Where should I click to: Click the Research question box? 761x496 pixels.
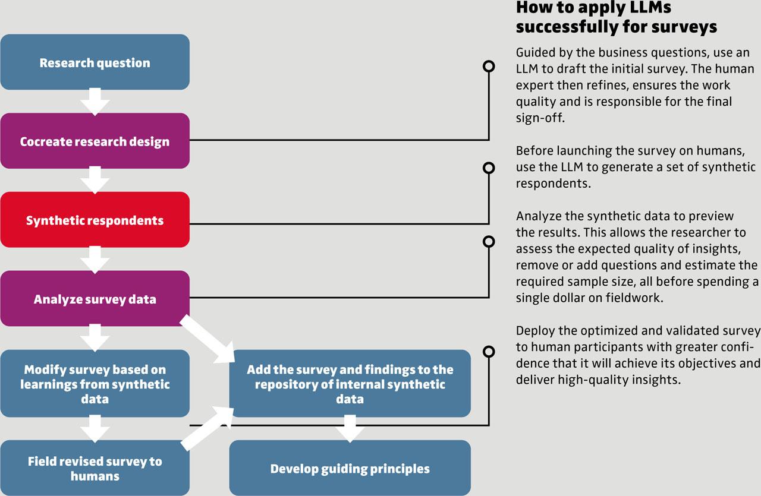pyautogui.click(x=95, y=62)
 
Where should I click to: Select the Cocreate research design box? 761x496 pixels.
pyautogui.click(x=95, y=141)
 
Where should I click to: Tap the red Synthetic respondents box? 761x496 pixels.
pyautogui.click(x=95, y=220)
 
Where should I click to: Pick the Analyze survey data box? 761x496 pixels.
pyautogui.click(x=95, y=298)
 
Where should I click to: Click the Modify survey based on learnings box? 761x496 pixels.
pyautogui.click(x=95, y=384)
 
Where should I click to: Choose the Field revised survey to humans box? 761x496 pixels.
pyautogui.click(x=95, y=468)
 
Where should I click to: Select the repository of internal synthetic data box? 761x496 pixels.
pyautogui.click(x=350, y=384)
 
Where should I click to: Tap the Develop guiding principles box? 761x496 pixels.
pyautogui.click(x=350, y=468)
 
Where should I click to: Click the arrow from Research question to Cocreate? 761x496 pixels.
pyautogui.click(x=95, y=102)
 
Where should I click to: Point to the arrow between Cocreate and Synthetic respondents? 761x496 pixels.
pyautogui.click(x=95, y=180)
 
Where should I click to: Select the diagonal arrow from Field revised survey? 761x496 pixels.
pyautogui.click(x=208, y=428)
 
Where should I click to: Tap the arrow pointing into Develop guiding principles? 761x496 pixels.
pyautogui.click(x=350, y=428)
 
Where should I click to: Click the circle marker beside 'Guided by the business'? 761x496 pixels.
pyautogui.click(x=489, y=66)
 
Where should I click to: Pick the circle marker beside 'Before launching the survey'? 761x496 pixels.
pyautogui.click(x=489, y=168)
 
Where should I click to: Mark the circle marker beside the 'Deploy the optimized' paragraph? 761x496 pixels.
pyautogui.click(x=489, y=352)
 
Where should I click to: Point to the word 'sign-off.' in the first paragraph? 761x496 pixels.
pyautogui.click(x=540, y=118)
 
